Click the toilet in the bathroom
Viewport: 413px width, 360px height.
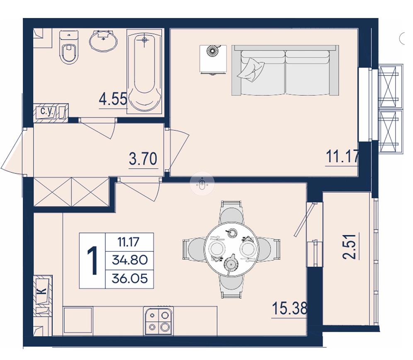coord(69,47)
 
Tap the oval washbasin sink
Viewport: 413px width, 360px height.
coord(103,41)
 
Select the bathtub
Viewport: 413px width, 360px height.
coord(144,71)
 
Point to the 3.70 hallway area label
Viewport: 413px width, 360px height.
coord(143,159)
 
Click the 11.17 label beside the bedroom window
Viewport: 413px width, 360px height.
coord(342,157)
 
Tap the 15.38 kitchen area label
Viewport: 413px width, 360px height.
coord(289,308)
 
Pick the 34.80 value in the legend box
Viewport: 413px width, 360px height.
coord(130,260)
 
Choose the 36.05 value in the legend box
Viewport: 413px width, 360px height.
coord(130,278)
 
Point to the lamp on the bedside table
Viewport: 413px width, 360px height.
coord(214,50)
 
